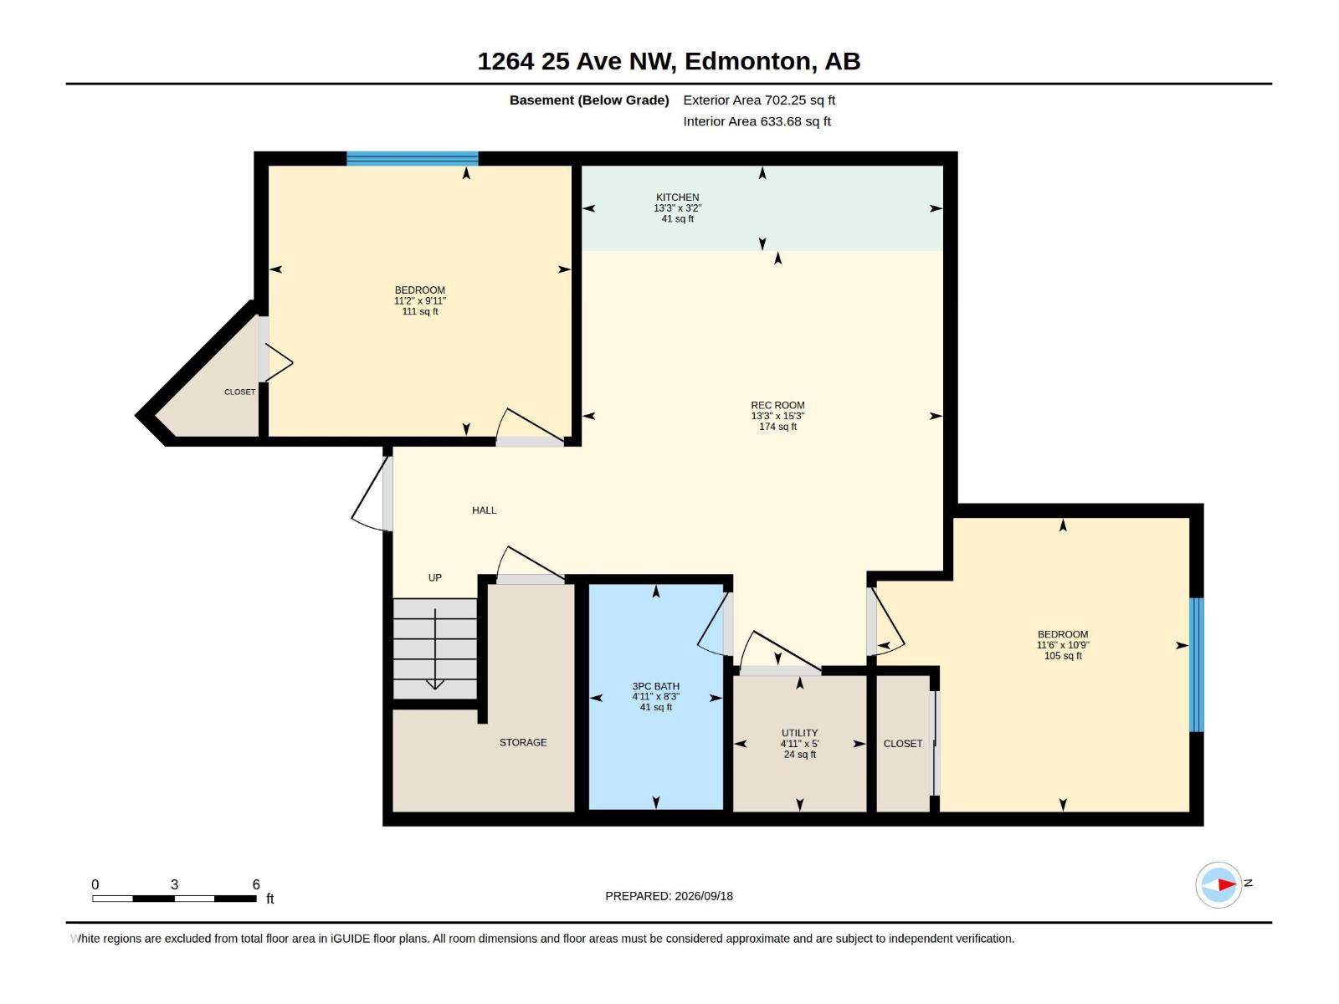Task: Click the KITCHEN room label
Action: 677,197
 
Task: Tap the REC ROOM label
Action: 777,406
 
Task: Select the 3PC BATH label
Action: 656,686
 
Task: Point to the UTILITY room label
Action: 799,734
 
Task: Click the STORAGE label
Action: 523,742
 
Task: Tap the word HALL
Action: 484,510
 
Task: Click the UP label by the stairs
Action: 434,577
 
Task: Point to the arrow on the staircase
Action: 434,649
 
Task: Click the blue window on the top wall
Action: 413,158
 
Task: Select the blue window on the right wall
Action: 1196,664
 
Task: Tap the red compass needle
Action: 1227,884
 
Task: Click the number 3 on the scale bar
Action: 174,884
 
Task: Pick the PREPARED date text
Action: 669,896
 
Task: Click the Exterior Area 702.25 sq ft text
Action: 759,100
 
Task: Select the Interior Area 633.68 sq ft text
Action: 757,121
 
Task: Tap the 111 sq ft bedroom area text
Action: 420,311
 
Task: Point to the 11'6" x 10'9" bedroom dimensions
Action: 1063,645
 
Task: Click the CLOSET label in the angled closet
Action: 239,392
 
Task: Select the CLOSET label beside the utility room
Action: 903,744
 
